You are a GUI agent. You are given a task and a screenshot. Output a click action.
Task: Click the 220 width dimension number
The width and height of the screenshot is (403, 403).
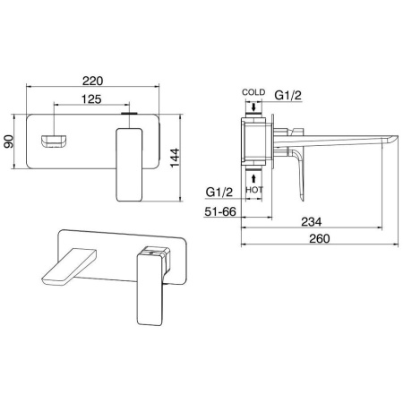click(92, 81)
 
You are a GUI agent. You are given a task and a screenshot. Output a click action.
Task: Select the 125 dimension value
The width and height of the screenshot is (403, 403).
click(91, 99)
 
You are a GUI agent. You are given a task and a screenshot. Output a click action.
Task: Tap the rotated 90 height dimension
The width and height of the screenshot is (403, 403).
click(9, 141)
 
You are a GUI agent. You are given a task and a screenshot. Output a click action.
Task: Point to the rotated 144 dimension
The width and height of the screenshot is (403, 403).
click(176, 158)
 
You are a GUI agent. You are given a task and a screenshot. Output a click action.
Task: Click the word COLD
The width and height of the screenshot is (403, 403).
click(253, 92)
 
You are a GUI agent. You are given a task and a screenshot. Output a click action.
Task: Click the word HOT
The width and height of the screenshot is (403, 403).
click(254, 190)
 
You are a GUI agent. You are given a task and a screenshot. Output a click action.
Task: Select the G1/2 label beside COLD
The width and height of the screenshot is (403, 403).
click(287, 95)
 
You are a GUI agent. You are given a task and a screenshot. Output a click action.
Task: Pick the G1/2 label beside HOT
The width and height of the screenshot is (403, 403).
click(219, 192)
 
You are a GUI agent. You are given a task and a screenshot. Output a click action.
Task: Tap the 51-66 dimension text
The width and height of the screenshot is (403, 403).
click(220, 211)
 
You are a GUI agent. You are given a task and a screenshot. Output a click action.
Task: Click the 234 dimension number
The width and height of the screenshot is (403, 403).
click(312, 222)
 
